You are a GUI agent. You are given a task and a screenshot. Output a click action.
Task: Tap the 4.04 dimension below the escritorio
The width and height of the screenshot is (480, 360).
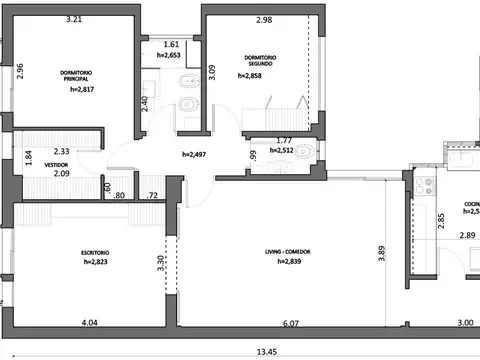[89, 323]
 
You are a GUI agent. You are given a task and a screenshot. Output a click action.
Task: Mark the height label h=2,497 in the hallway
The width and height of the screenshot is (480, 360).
[196, 155]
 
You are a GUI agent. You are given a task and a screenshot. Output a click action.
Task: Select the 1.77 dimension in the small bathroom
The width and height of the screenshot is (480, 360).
[283, 141]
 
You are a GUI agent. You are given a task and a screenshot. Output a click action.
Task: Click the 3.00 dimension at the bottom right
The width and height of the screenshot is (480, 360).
[438, 323]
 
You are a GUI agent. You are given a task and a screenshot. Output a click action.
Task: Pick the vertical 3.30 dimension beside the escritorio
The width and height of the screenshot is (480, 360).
[162, 264]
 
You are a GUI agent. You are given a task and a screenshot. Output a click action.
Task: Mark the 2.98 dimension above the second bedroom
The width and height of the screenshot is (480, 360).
[264, 20]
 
